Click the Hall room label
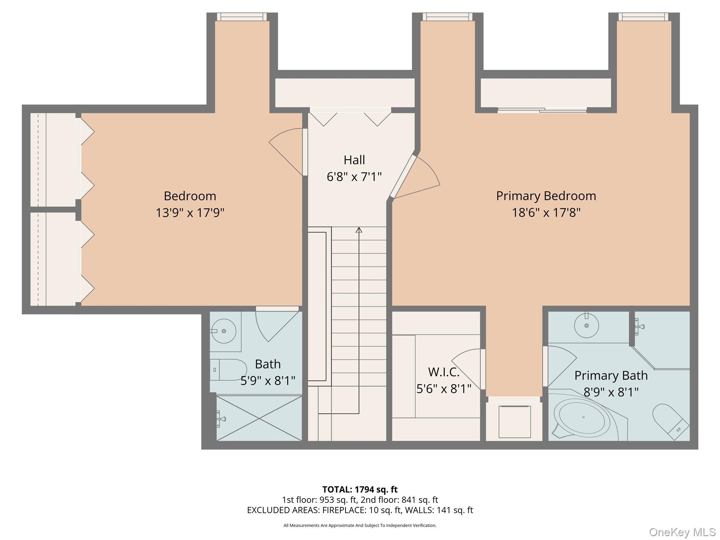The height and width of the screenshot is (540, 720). pos(354,160)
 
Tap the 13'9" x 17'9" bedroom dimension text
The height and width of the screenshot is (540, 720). pos(190,213)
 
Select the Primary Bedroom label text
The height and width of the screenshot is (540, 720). pos(546,196)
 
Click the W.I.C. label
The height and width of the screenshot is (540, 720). pos(444,372)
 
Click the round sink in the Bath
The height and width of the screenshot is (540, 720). pos(224,331)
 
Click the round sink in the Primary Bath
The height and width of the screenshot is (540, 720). pos(586,326)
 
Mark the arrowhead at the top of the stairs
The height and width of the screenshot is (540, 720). pos(359,230)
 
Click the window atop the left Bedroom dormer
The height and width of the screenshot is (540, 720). pos(242,17)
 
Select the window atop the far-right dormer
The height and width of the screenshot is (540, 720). pos(643,17)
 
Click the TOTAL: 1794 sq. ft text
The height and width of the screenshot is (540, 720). pos(360,489)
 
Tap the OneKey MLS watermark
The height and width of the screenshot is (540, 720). pos(682,532)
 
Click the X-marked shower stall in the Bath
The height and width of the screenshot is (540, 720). pos(259,418)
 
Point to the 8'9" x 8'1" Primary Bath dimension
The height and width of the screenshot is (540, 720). pos(611,392)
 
